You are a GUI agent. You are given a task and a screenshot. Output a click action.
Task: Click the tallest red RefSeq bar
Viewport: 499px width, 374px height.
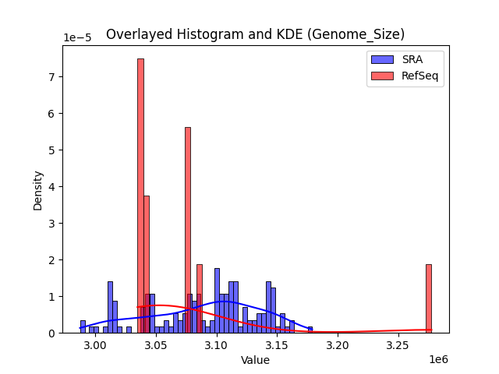click(140, 195)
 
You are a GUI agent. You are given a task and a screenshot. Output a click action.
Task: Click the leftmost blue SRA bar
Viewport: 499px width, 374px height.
click(83, 326)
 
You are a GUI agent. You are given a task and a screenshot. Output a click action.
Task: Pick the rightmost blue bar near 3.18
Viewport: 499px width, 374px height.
click(310, 330)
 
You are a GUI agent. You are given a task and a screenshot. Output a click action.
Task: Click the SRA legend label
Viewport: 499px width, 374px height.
click(412, 59)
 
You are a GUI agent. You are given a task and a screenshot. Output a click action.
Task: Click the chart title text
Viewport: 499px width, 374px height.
click(255, 34)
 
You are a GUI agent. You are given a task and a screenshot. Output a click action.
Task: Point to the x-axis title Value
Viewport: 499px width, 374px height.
click(255, 360)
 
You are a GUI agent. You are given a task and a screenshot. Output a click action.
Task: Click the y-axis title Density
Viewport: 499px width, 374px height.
click(37, 189)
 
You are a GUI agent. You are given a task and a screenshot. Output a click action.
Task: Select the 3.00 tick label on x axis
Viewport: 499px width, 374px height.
click(95, 345)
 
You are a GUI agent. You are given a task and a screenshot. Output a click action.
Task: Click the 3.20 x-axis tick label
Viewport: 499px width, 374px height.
click(338, 345)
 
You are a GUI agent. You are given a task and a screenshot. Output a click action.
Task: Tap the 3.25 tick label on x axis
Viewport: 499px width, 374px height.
click(398, 345)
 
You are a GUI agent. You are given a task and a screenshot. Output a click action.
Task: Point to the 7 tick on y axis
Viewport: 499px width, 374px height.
click(52, 77)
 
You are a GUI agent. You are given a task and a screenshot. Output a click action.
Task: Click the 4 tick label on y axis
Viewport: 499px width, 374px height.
click(52, 187)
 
